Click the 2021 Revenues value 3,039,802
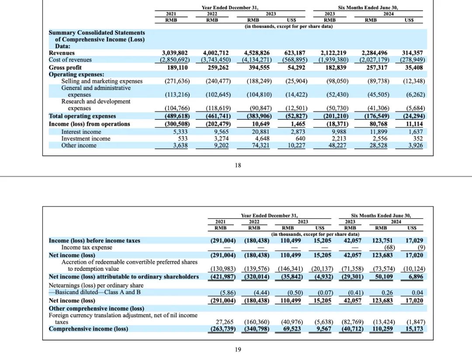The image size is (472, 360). point(174,53)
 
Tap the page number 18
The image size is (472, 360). point(238,165)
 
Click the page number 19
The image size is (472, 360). point(238,350)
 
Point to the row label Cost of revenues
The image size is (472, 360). point(70,60)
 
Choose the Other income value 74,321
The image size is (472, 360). point(260,145)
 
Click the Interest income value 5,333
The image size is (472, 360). point(180,132)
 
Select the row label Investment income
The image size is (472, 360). point(86,139)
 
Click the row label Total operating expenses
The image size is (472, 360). point(82,116)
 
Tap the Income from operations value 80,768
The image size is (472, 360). point(378,124)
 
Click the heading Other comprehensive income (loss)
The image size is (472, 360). point(96,308)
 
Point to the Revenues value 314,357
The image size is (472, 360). point(413,53)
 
